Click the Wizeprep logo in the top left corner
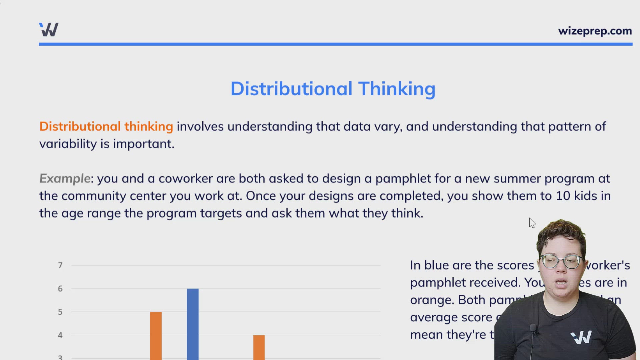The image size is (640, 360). (x=49, y=30)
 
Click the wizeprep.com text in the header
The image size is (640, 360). (x=595, y=31)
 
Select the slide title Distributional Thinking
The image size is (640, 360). (x=333, y=89)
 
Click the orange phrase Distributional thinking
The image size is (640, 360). (x=106, y=127)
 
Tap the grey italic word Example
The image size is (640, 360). (x=65, y=179)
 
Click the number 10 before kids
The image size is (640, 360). (x=563, y=196)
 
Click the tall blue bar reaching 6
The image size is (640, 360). (x=193, y=323)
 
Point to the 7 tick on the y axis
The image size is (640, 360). (x=60, y=265)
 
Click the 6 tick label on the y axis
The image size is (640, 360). (x=60, y=289)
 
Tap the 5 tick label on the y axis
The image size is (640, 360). (x=60, y=312)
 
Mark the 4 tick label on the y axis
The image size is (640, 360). (x=60, y=335)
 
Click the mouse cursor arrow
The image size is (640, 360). (x=532, y=223)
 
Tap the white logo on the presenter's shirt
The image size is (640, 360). (x=581, y=337)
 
